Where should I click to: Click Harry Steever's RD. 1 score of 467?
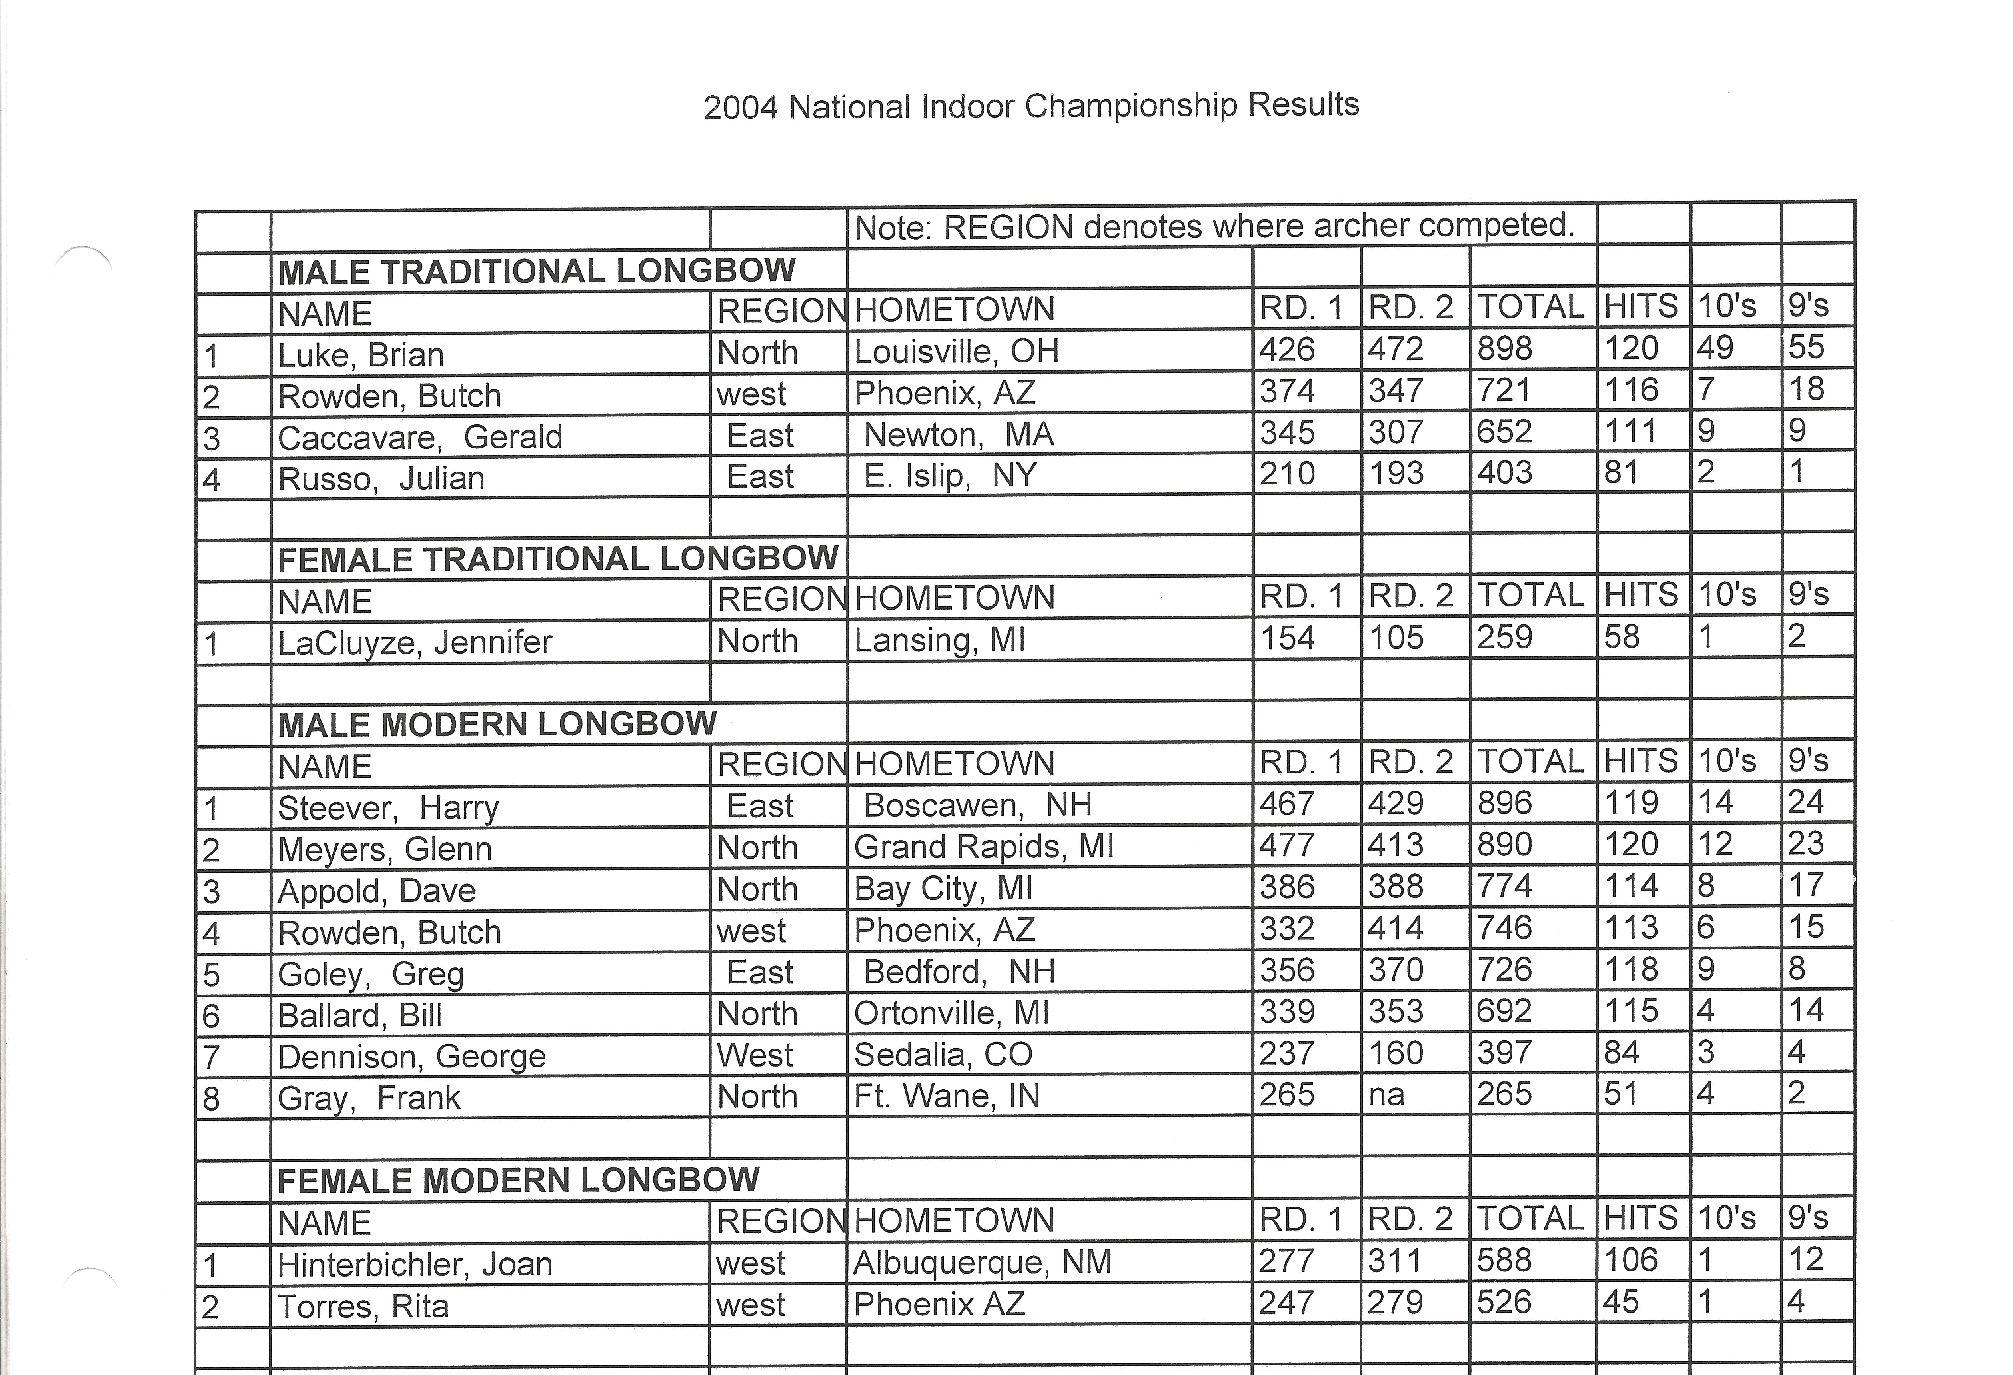[x=1287, y=803]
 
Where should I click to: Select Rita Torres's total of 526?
[x=1505, y=1302]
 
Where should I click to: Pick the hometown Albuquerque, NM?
[x=982, y=1262]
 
